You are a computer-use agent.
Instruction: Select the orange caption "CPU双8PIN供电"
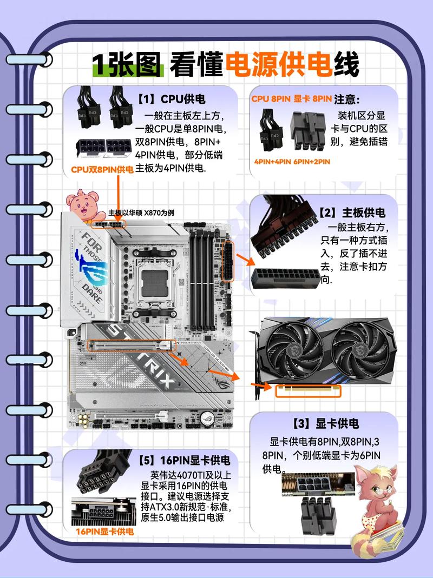point(102,170)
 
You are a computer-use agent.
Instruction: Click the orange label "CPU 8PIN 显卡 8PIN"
point(291,99)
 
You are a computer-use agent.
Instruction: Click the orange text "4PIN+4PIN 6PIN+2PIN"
point(292,161)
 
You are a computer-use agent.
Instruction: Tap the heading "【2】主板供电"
point(352,212)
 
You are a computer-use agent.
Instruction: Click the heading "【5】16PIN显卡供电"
point(184,461)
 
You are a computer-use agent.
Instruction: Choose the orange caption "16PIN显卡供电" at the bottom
point(104,532)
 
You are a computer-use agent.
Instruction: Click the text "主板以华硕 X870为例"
point(141,212)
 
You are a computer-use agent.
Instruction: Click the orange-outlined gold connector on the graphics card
point(309,390)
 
